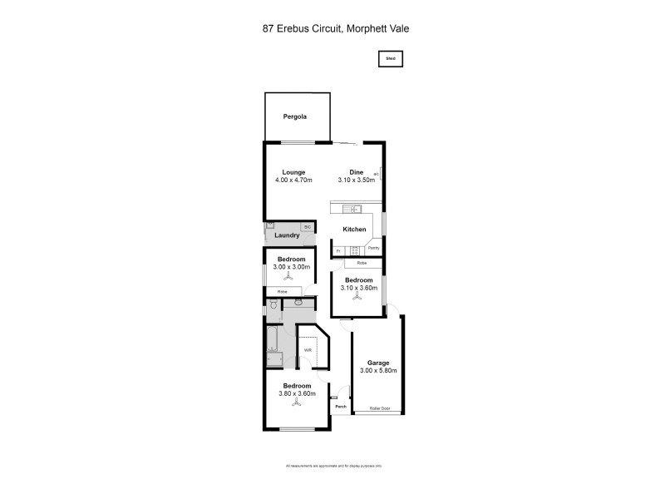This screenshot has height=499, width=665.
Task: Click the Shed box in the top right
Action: point(391,59)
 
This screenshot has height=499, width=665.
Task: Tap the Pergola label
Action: point(294,117)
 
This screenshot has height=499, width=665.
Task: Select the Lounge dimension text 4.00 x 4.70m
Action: point(293,180)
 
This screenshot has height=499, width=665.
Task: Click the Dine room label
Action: point(356,172)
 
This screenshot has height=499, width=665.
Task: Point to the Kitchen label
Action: point(355,230)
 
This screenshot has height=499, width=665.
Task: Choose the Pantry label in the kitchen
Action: point(373,249)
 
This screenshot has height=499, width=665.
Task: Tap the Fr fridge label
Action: point(338,249)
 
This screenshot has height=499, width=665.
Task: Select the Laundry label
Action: point(287,235)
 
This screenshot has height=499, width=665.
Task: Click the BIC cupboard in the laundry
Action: point(307,227)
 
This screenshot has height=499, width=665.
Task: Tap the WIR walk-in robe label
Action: point(308,350)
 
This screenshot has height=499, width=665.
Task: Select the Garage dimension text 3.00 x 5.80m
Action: point(378,371)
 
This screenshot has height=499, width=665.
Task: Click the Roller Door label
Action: point(379,408)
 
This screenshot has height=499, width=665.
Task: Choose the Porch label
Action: point(341,407)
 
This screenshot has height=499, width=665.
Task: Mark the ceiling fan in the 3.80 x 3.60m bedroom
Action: point(298,405)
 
